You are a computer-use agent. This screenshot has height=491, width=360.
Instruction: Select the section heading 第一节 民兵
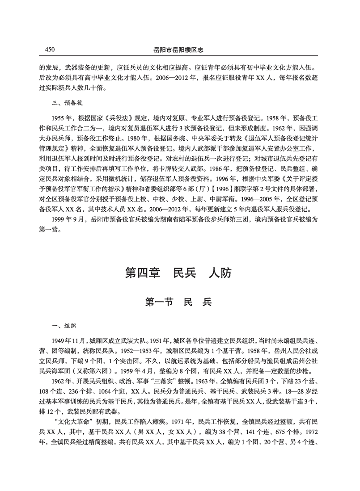click(x=179, y=302)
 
